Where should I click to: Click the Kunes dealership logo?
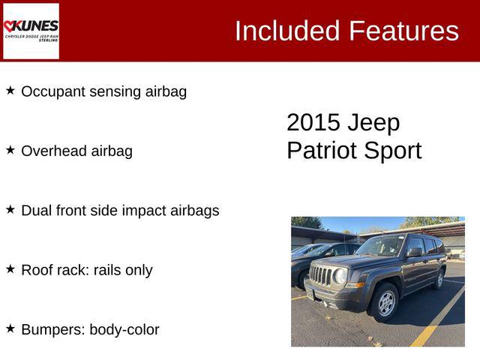click(x=31, y=31)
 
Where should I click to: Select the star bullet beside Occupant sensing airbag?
click(x=10, y=91)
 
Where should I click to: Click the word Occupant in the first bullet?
click(x=49, y=91)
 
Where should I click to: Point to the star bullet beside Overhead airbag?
click(x=10, y=150)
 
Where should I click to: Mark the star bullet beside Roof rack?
click(x=10, y=269)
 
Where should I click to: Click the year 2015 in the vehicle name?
click(x=313, y=123)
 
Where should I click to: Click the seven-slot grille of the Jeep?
click(x=321, y=275)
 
